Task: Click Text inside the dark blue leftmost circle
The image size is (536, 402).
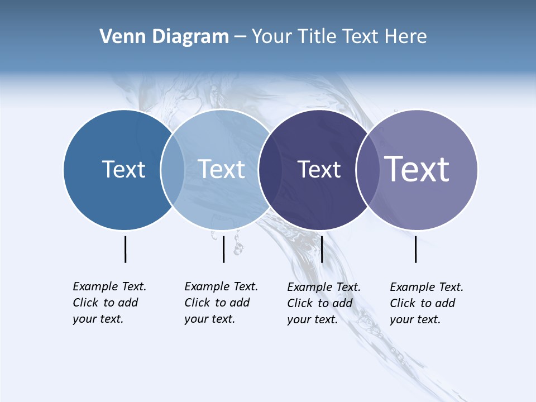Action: [123, 169]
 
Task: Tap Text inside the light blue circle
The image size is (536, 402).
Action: [222, 169]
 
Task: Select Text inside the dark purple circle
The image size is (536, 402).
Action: [319, 170]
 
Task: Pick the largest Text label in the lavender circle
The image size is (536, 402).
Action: [417, 169]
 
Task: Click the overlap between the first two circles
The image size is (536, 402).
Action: [173, 170]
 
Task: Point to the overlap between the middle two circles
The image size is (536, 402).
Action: [270, 170]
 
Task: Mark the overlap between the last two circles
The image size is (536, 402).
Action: [367, 170]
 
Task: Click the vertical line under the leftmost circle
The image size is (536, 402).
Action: [125, 249]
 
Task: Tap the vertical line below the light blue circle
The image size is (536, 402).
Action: [223, 249]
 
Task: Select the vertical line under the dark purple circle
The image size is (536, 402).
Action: [322, 249]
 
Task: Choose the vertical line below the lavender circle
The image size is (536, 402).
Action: [415, 249]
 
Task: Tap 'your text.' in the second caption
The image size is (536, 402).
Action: [210, 319]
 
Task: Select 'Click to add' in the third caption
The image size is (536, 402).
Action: [320, 303]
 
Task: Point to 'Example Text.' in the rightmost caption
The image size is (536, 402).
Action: [427, 287]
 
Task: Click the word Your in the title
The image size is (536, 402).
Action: [273, 37]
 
